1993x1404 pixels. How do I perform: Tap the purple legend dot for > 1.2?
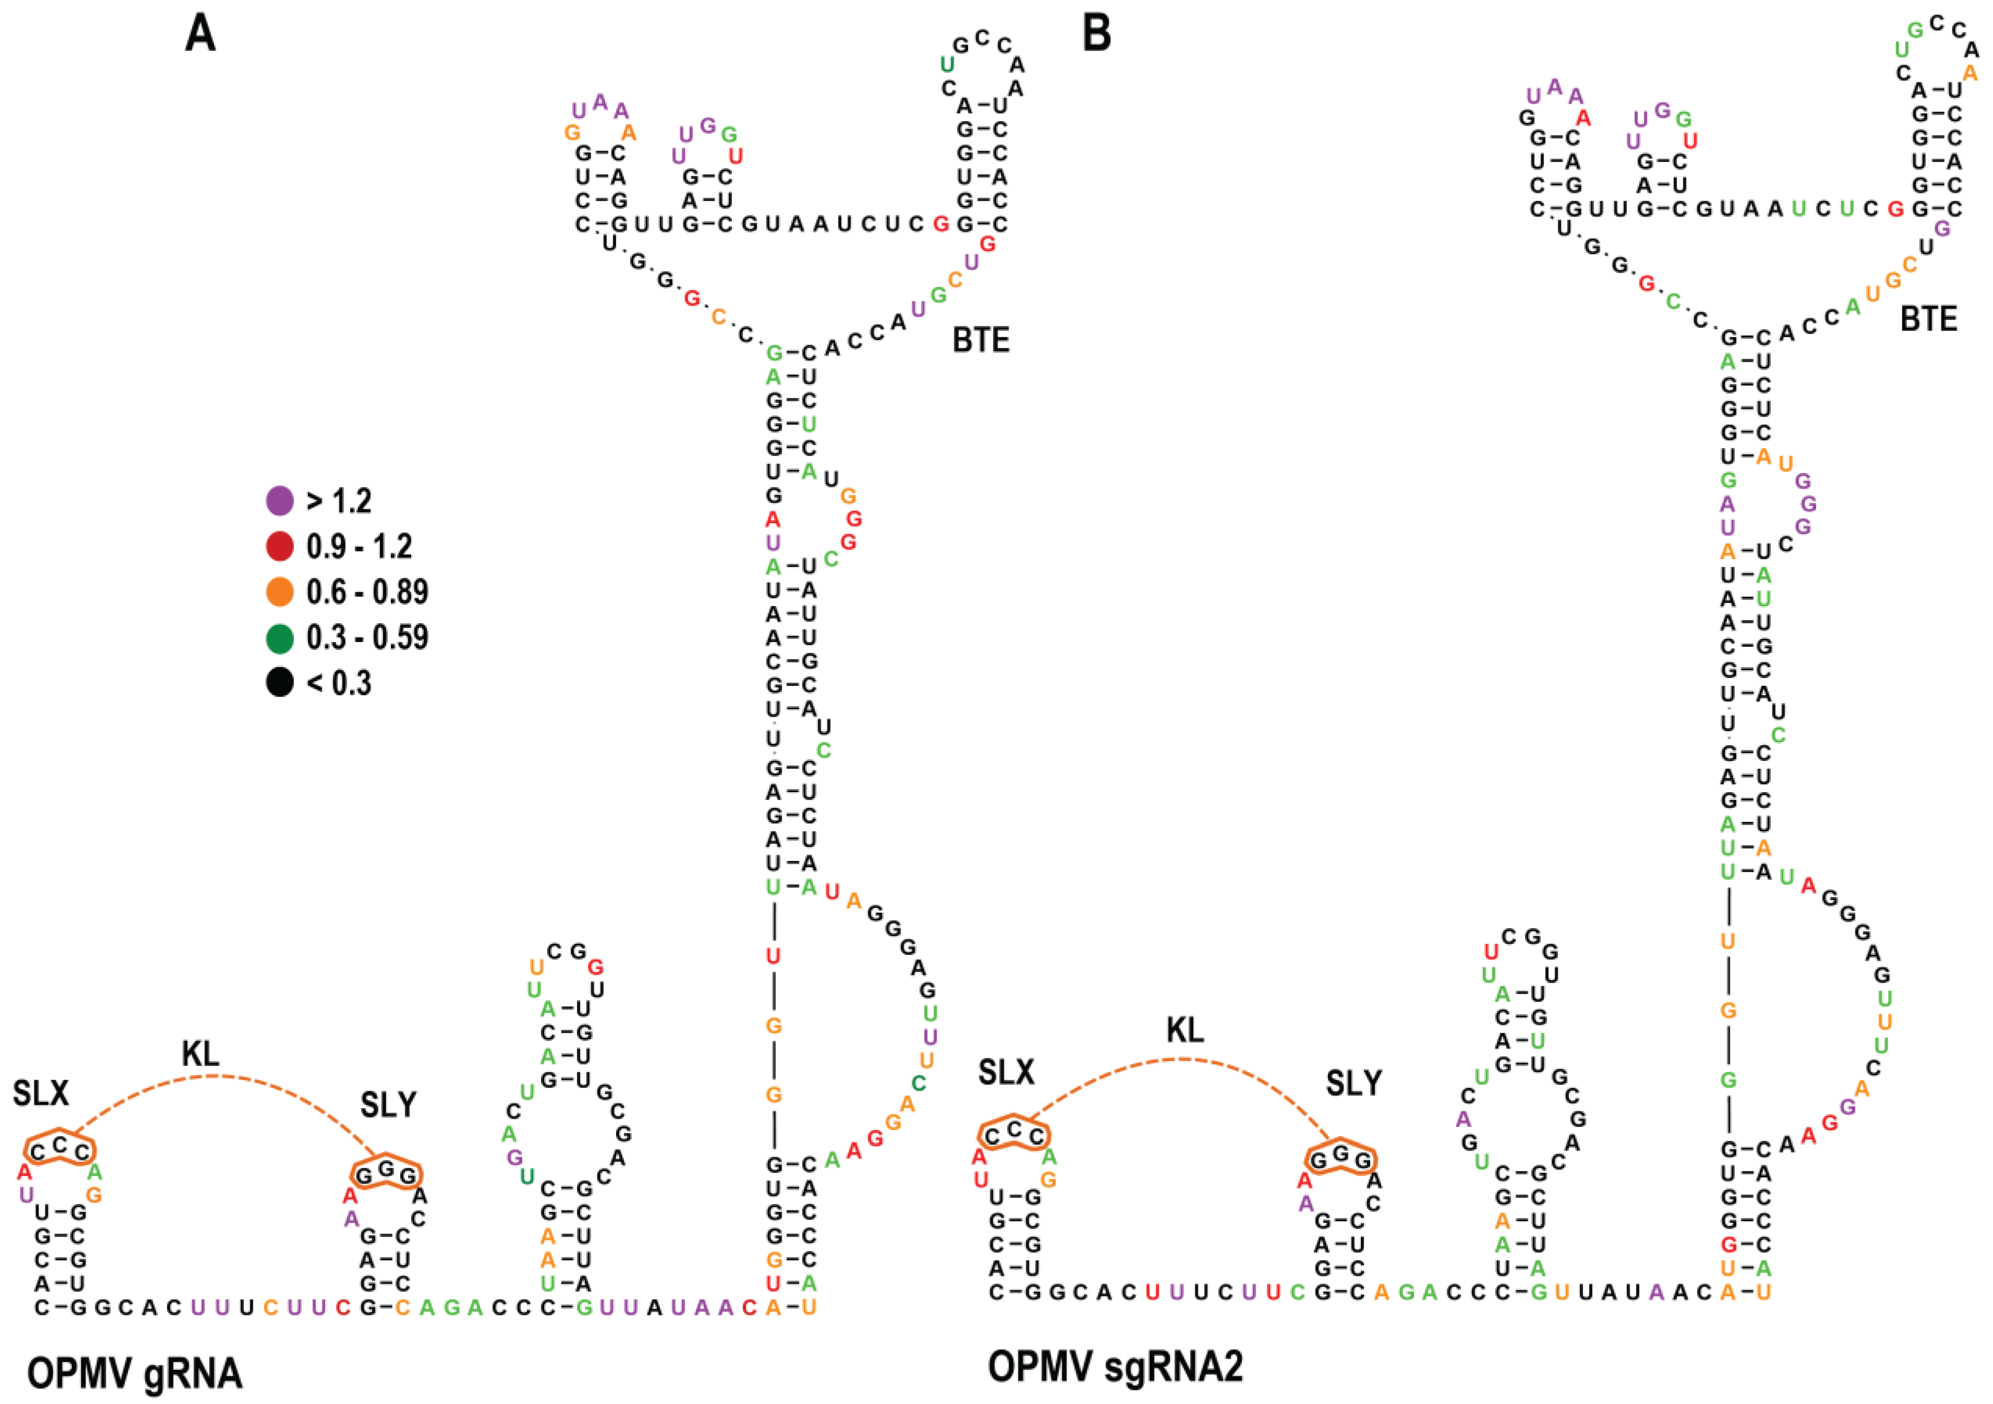pyautogui.click(x=279, y=501)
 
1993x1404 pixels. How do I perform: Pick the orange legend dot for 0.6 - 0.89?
pyautogui.click(x=279, y=593)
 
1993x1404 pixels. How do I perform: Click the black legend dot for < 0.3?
pyautogui.click(x=279, y=683)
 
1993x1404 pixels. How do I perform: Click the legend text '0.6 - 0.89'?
pyautogui.click(x=367, y=593)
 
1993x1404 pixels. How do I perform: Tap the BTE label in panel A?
pyautogui.click(x=981, y=340)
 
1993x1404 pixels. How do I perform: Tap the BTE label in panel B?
pyautogui.click(x=1929, y=319)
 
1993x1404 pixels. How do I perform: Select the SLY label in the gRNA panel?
pyautogui.click(x=388, y=1105)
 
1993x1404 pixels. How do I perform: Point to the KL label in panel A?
pyautogui.click(x=201, y=1054)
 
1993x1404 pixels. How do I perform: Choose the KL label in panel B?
pyautogui.click(x=1185, y=1031)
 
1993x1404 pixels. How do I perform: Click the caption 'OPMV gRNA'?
pyautogui.click(x=134, y=1374)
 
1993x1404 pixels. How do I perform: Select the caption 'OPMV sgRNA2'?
pyautogui.click(x=1115, y=1366)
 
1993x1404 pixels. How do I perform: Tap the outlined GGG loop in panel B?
pyautogui.click(x=1341, y=1159)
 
